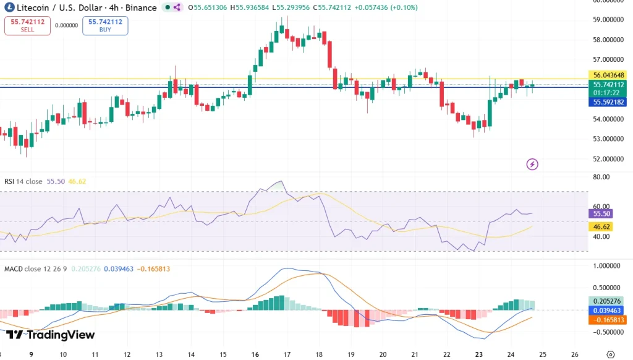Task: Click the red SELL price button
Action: (x=27, y=25)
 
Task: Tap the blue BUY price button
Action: (x=105, y=25)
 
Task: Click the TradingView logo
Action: (x=51, y=335)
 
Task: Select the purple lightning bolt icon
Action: (x=532, y=164)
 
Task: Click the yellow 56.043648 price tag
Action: (x=609, y=75)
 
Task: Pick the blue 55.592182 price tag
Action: (x=609, y=102)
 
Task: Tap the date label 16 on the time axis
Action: (x=255, y=354)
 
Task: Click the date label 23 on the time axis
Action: (x=478, y=354)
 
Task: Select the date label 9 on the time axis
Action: (x=30, y=354)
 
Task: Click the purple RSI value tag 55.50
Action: (x=601, y=213)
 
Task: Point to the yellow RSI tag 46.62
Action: (x=601, y=227)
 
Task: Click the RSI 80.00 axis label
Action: (x=601, y=177)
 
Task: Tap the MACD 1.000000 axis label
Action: (x=606, y=265)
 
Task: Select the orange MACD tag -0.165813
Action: (x=609, y=320)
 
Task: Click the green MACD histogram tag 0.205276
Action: (x=609, y=301)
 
